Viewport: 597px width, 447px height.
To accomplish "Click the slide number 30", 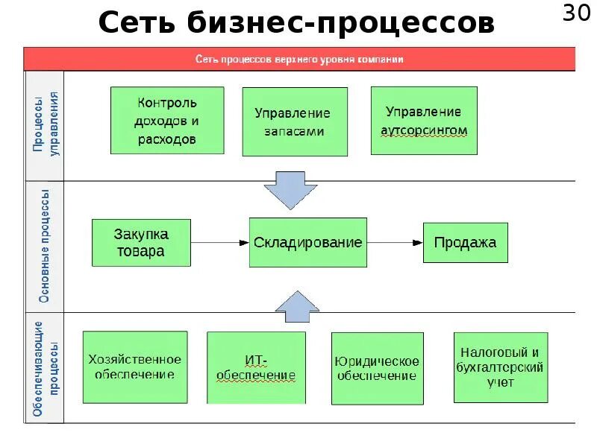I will tap(578, 14).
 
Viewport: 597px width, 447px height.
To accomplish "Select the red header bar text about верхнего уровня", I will tap(299, 59).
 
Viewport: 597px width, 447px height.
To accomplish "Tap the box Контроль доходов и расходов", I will tap(167, 120).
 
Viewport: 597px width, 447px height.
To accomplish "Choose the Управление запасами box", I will tap(295, 121).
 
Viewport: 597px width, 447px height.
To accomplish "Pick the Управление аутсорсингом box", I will tap(424, 121).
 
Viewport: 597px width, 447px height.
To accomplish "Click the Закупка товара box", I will tap(140, 242).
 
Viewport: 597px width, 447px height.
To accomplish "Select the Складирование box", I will tap(307, 242).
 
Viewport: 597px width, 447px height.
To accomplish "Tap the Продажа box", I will tap(465, 242).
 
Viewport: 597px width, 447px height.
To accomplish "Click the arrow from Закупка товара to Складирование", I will tap(219, 243).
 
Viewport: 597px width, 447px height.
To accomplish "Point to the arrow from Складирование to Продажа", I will tap(395, 243).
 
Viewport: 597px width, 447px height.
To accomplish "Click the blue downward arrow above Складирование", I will tap(291, 191).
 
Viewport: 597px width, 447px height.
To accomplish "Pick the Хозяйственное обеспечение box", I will tap(134, 367).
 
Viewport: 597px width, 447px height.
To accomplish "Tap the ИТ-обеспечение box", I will tap(256, 367).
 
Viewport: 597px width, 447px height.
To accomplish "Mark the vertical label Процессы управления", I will tap(46, 124).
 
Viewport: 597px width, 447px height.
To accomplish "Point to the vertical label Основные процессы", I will tap(45, 247).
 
